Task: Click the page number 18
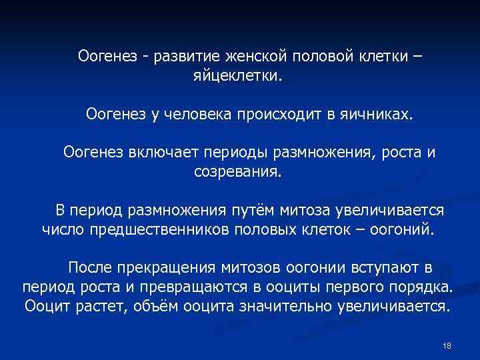(x=447, y=345)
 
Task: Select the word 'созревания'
(x=237, y=173)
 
